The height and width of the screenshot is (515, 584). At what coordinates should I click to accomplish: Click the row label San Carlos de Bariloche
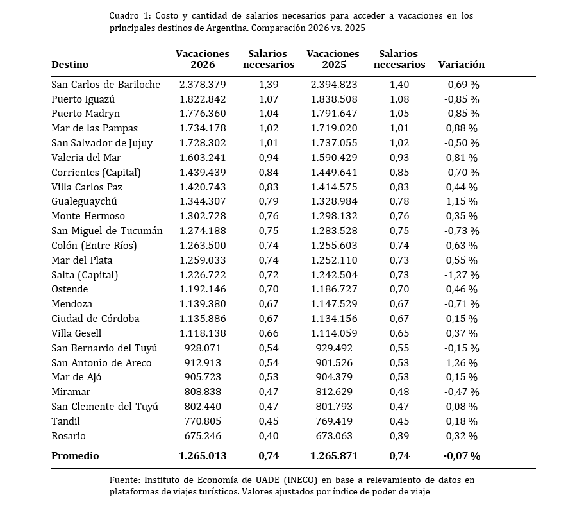point(106,85)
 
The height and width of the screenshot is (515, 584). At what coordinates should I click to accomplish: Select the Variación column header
point(461,65)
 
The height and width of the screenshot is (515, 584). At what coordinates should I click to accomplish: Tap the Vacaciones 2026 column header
point(203,59)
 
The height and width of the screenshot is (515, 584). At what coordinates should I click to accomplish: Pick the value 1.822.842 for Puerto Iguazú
point(203,99)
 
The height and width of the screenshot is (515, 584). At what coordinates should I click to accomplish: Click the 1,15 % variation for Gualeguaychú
point(462,201)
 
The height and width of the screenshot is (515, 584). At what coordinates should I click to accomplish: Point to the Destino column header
point(70,65)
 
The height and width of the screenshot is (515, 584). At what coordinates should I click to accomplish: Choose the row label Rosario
point(69,436)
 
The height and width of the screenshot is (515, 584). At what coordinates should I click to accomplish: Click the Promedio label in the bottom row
point(75,456)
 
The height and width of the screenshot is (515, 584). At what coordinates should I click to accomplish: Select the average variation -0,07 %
point(461,456)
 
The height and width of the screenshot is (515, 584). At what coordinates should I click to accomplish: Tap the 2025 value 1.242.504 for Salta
point(334,275)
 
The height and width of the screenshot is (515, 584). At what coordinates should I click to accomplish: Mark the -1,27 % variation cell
point(462,275)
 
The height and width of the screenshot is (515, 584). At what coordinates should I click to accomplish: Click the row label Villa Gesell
point(76,333)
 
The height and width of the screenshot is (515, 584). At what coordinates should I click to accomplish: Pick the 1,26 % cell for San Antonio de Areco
point(462,363)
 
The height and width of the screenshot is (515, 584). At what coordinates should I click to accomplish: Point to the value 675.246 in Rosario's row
point(203,436)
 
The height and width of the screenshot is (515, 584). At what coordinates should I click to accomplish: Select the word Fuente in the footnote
point(124,480)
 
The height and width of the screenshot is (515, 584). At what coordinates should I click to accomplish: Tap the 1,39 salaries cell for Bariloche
point(269,85)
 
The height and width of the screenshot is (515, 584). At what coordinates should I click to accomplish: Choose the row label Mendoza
point(72,304)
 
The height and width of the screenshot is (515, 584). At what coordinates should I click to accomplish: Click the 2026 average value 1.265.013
point(203,456)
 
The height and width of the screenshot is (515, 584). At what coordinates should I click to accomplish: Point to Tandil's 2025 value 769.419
point(334,421)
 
